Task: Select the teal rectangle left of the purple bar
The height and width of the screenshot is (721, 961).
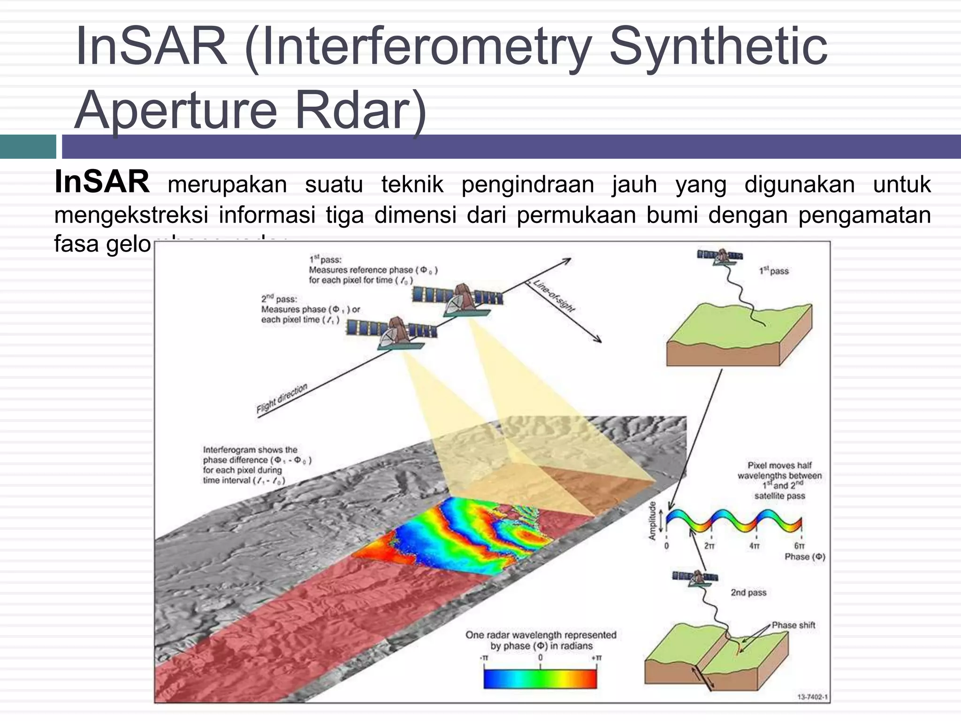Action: [28, 146]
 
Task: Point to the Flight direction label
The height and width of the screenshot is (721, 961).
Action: [282, 399]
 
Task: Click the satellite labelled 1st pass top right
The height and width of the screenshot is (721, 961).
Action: [719, 257]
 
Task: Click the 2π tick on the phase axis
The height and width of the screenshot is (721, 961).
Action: [709, 546]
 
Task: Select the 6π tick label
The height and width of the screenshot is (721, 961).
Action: [800, 546]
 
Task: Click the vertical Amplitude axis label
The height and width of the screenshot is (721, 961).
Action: [652, 521]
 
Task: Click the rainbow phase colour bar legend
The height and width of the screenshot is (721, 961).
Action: [540, 678]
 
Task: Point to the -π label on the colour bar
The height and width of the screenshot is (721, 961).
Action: [484, 658]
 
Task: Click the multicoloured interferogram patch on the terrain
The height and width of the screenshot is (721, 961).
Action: [450, 535]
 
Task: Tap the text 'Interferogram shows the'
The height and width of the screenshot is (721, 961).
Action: [250, 450]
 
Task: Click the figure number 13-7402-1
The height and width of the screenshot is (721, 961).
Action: [812, 697]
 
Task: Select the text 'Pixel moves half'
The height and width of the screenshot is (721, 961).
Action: [779, 465]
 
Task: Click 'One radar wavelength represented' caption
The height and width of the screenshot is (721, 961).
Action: [541, 635]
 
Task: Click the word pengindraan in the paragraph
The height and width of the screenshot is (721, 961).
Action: [527, 184]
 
